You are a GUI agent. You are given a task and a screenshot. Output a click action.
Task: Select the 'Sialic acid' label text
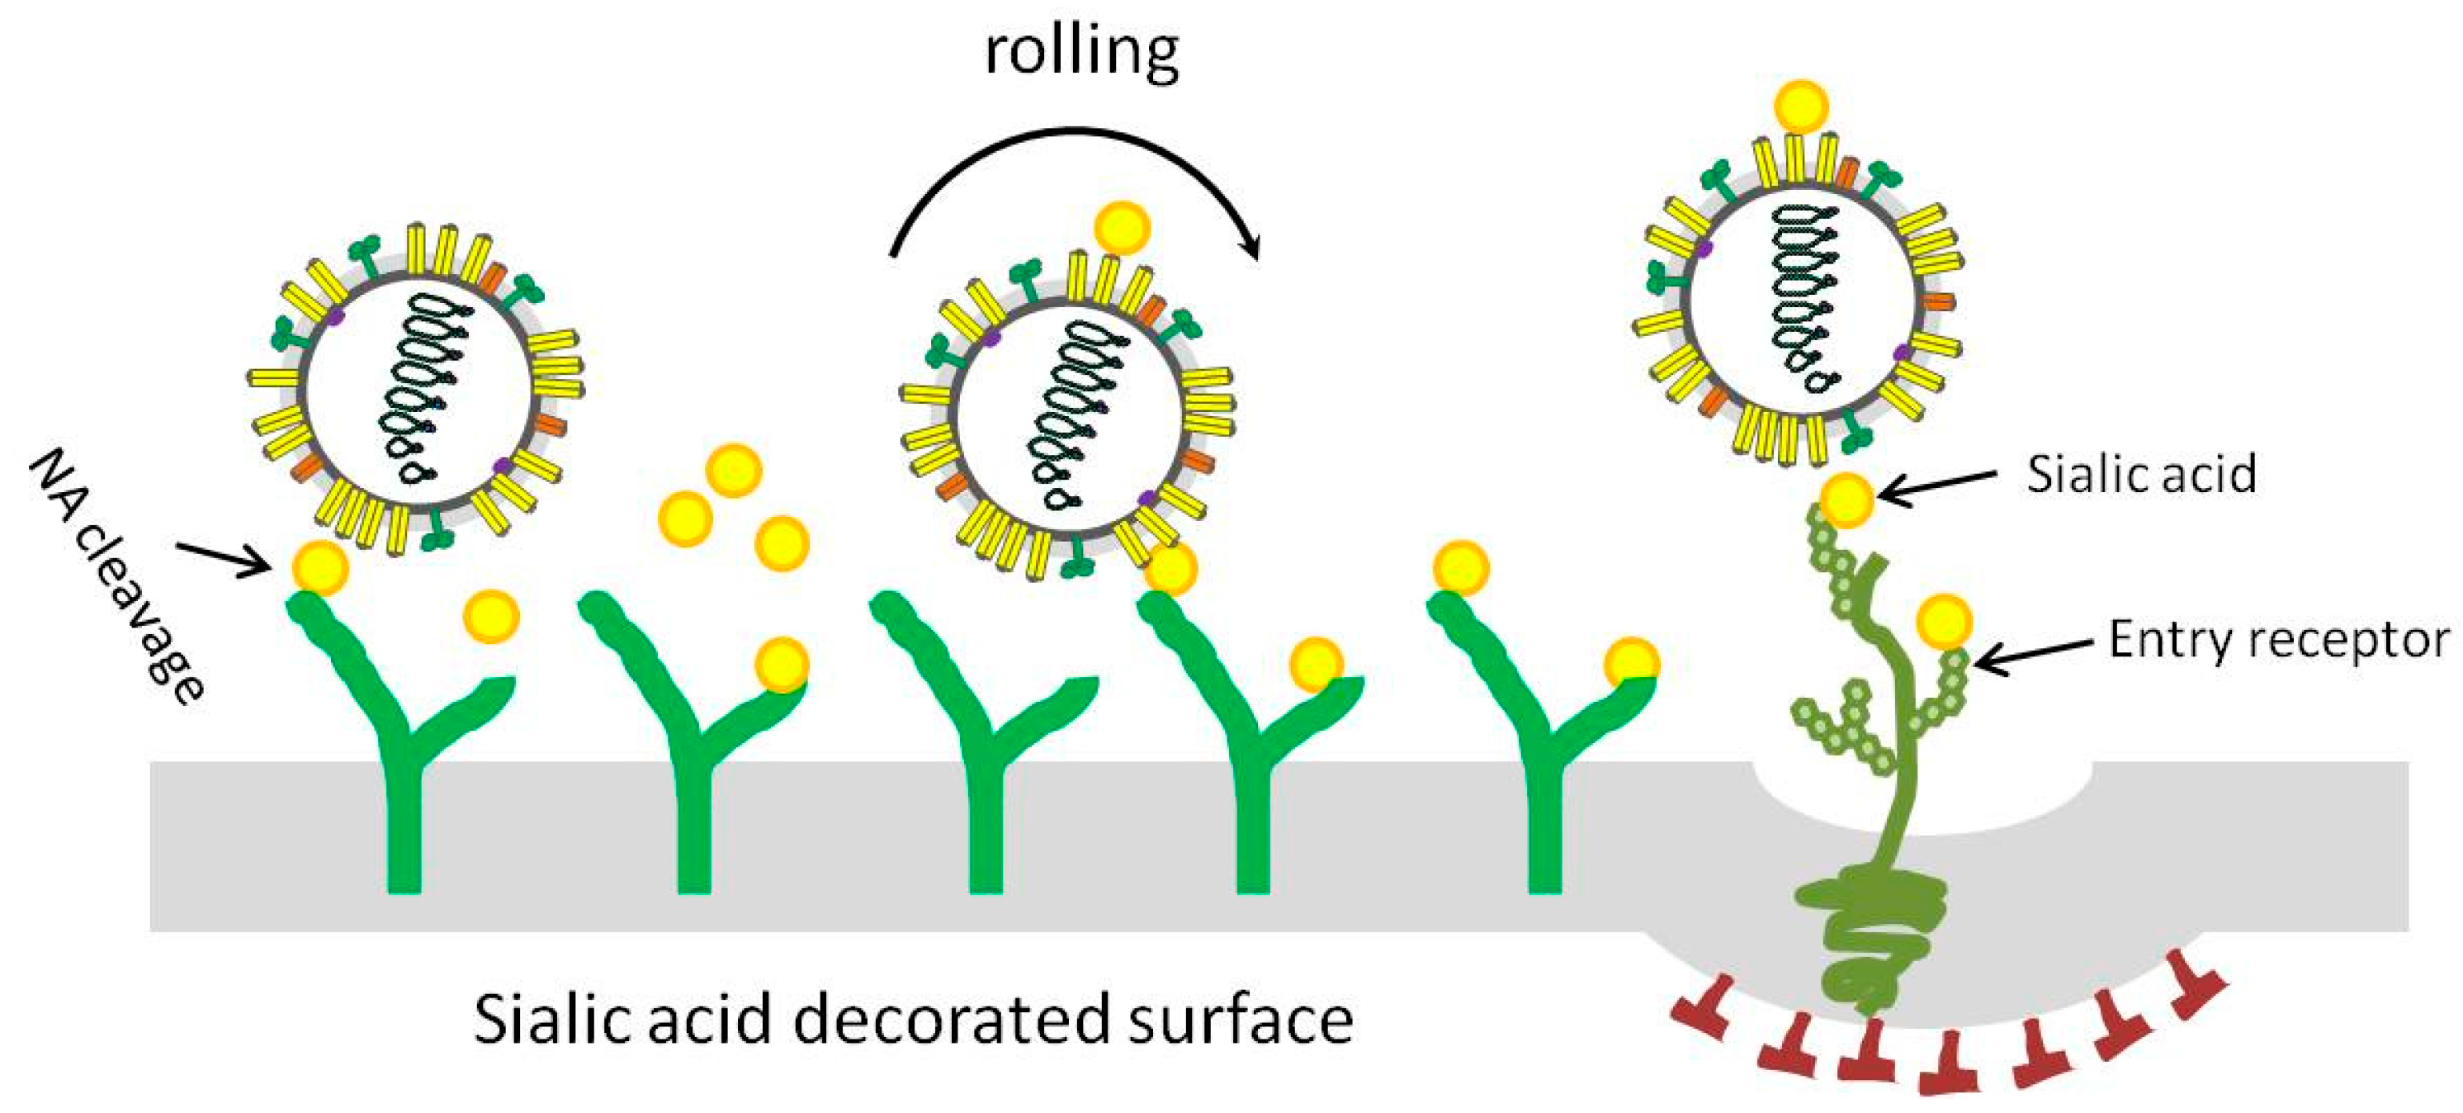pos(2141,474)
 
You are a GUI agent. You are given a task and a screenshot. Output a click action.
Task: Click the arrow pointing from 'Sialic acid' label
pos(1936,485)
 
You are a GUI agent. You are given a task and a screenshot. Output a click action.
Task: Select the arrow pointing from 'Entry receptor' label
pos(2032,654)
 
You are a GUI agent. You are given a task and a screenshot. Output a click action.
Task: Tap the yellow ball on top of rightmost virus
pos(1800,107)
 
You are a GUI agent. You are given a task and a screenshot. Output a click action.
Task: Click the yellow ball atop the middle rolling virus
pos(1122,228)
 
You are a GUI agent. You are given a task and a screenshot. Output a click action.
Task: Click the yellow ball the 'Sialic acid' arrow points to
pos(1846,500)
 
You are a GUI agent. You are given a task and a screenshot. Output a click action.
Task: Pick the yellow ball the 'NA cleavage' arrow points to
pos(319,568)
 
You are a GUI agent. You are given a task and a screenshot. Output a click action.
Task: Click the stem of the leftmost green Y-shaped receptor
pos(404,822)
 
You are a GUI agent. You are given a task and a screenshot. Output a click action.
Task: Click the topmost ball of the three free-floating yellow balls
pos(733,471)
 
